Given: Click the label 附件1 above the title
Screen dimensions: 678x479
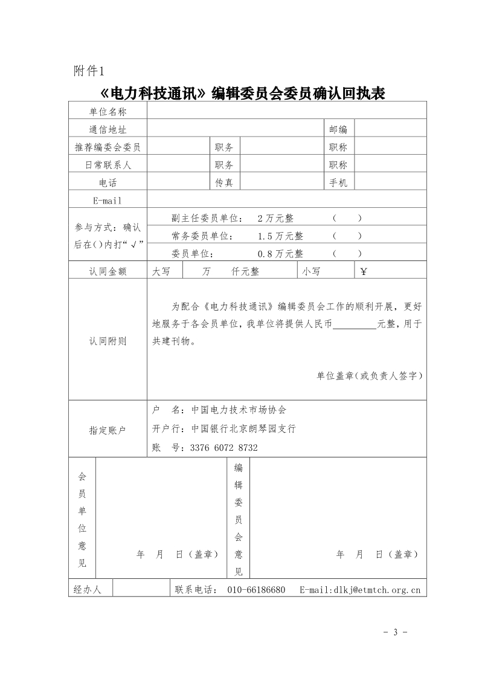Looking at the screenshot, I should click(89, 71).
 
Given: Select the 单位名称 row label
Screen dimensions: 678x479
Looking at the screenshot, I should click(108, 111).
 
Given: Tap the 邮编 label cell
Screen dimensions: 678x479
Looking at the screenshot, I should click(338, 129).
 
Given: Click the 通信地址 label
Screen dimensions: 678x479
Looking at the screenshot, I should click(108, 129).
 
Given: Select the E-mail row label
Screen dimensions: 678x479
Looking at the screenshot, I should click(108, 201).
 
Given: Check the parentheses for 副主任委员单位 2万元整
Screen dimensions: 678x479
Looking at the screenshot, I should click(347, 218).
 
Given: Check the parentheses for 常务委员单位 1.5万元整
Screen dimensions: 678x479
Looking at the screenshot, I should click(347, 236).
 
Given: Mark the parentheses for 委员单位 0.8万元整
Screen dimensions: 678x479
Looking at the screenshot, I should click(347, 254).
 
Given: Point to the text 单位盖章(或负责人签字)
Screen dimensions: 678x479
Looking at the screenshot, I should click(369, 376).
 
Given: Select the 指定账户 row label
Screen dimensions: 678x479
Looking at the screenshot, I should click(108, 430).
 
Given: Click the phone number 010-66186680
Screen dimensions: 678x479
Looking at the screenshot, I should click(256, 589).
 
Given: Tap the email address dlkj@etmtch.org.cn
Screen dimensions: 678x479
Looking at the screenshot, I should click(376, 589).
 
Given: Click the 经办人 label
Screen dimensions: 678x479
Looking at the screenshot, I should click(88, 589).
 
